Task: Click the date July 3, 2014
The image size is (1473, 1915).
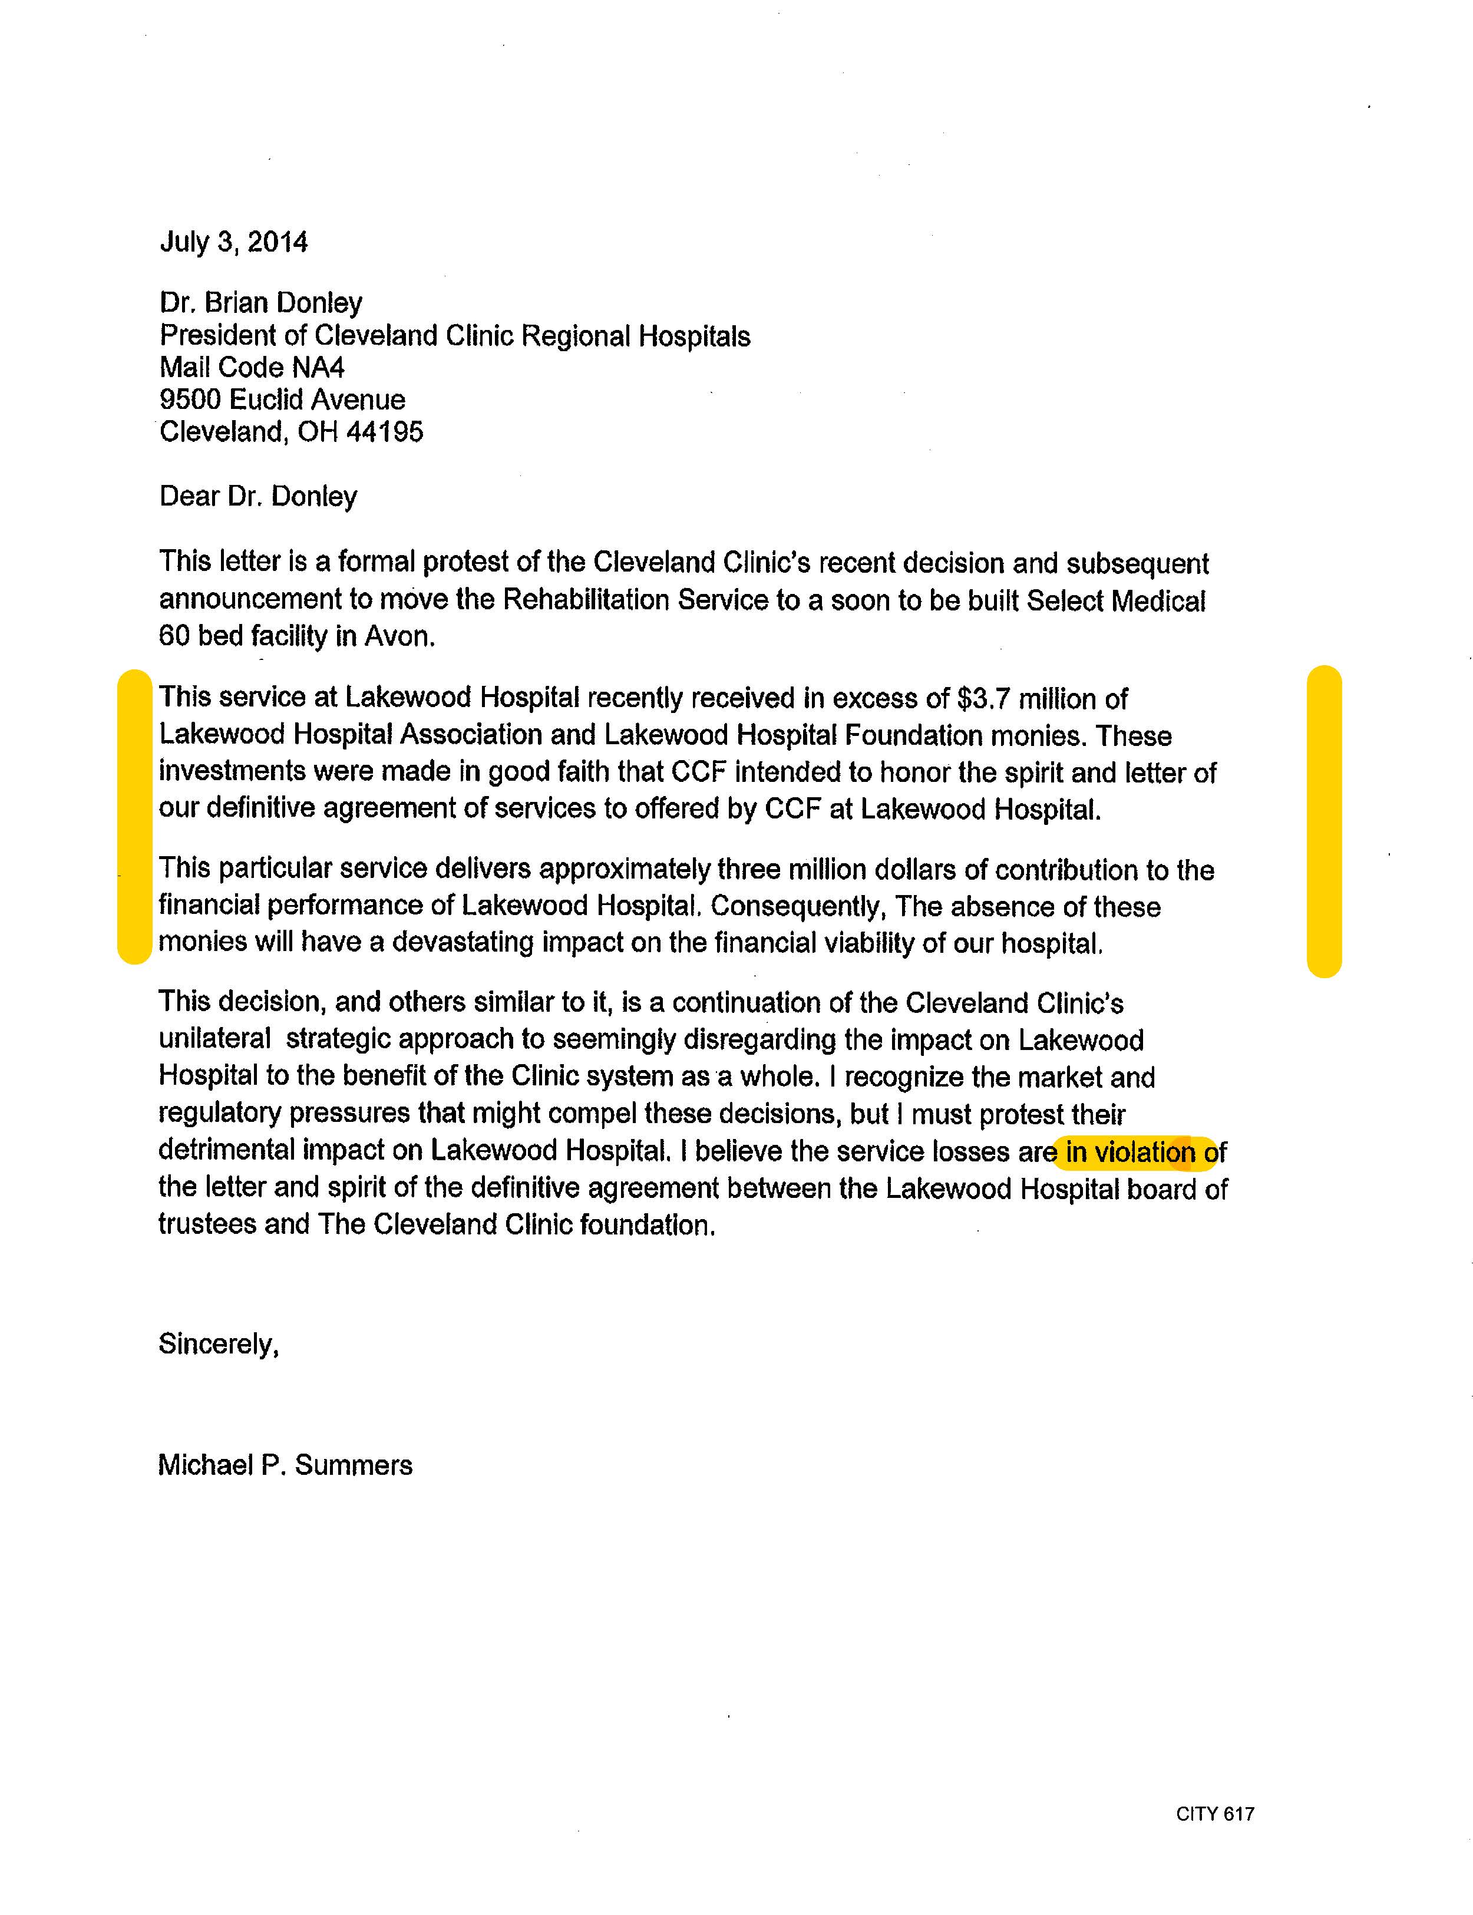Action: (233, 242)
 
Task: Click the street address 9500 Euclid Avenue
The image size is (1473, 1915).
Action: (282, 400)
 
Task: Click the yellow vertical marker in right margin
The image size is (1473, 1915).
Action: (1324, 821)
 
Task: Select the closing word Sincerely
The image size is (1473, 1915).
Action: (219, 1344)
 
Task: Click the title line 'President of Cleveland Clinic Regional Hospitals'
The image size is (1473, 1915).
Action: (454, 336)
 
